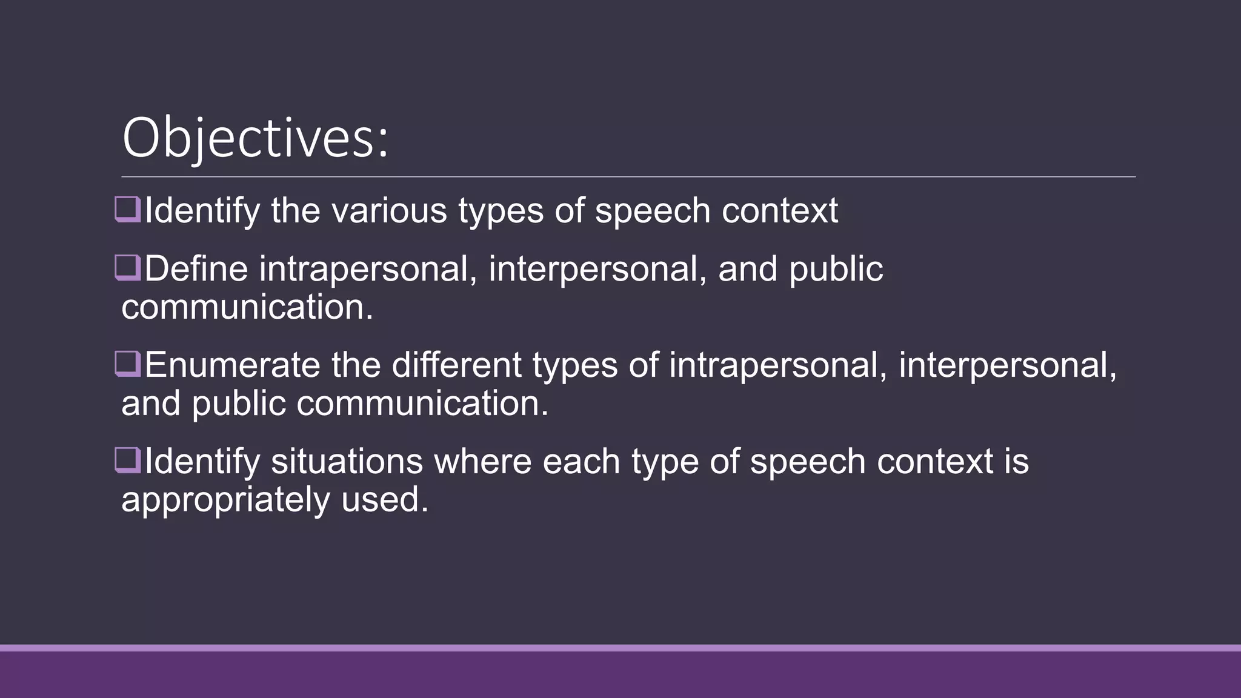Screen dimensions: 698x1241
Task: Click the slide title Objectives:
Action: [x=255, y=138]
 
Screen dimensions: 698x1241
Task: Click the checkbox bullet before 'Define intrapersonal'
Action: [x=128, y=268]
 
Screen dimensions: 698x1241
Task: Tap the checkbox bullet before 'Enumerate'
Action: [x=128, y=365]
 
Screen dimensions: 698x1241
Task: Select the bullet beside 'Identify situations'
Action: [x=128, y=461]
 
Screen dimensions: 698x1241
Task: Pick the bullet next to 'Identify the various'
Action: [x=128, y=210]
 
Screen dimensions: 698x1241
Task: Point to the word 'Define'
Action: [x=196, y=269]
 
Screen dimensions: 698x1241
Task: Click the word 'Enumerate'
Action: [x=232, y=365]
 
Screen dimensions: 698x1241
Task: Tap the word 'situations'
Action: [x=347, y=462]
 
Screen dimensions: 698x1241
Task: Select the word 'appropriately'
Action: [x=225, y=500]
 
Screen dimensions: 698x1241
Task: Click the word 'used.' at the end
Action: [x=385, y=500]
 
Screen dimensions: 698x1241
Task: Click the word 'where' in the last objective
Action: [x=482, y=462]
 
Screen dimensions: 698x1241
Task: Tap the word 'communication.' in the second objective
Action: [x=247, y=307]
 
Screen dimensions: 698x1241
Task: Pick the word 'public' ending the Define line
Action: [x=836, y=269]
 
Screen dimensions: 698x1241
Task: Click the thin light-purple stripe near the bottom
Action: [x=620, y=648]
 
